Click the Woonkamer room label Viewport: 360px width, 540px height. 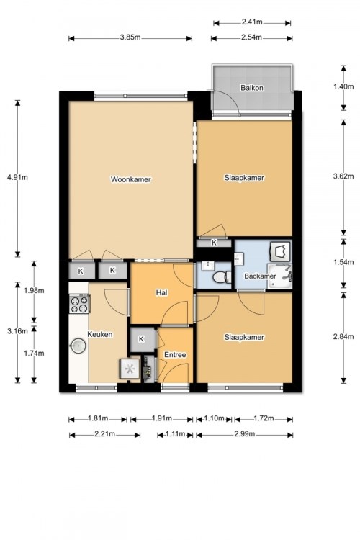tap(130, 179)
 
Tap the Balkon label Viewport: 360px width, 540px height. tap(252, 88)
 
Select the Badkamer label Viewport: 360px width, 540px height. tap(260, 276)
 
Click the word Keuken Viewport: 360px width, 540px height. tap(99, 334)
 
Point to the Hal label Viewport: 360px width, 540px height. tap(161, 293)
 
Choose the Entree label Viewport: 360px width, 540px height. tap(175, 355)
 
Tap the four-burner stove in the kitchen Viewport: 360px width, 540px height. tap(79, 304)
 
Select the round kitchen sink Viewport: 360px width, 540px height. tap(78, 346)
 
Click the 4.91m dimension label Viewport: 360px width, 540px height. tap(17, 178)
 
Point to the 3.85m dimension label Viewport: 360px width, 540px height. tap(130, 37)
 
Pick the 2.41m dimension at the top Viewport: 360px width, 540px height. tap(252, 22)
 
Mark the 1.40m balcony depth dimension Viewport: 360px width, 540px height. tap(343, 86)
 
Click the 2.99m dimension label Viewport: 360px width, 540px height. tap(245, 434)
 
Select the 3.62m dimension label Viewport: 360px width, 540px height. tap(343, 176)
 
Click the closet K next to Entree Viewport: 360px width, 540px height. tap(141, 339)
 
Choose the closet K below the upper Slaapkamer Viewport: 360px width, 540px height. tap(214, 243)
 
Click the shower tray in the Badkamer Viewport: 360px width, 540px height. tap(279, 276)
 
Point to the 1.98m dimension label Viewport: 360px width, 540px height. tap(34, 290)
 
